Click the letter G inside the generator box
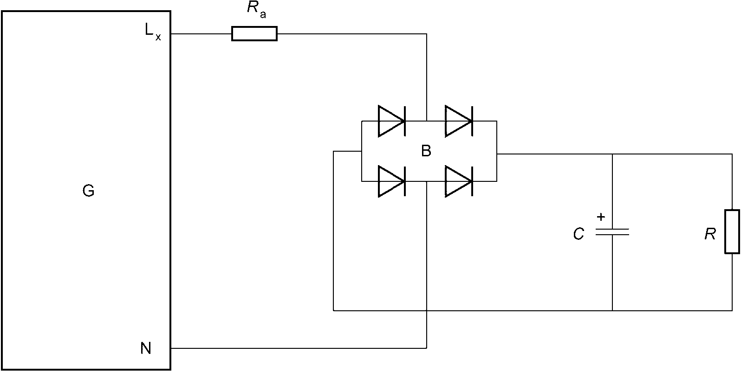click(88, 191)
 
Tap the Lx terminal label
click(153, 32)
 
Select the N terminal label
click(146, 348)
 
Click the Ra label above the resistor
click(256, 9)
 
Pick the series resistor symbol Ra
click(254, 34)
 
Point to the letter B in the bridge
click(426, 151)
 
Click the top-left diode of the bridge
click(392, 121)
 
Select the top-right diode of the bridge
click(459, 121)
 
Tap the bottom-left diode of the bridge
click(392, 181)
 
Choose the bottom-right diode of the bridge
click(459, 181)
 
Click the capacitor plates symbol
click(612, 232)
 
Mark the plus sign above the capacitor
click(601, 217)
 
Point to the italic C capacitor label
click(578, 234)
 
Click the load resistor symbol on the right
click(732, 231)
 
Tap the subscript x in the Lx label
click(158, 37)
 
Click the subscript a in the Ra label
click(263, 14)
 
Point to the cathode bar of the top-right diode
click(472, 121)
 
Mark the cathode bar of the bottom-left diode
click(405, 181)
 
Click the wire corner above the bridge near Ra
click(427, 34)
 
